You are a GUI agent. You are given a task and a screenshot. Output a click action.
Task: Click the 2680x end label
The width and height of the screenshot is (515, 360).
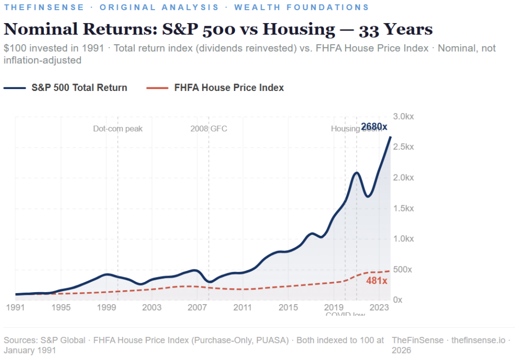pos(374,126)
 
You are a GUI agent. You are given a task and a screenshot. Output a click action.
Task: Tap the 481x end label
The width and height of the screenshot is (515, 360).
pos(377,281)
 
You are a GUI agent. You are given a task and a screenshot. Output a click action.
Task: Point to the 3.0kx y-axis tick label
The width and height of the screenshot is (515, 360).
pos(403,116)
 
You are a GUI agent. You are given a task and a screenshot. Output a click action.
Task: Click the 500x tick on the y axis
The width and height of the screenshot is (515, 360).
pos(402,269)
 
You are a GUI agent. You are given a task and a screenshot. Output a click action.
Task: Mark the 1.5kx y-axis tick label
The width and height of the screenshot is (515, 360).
pos(403,208)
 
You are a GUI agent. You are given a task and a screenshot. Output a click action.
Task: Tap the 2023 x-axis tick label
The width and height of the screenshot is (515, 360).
pos(379,307)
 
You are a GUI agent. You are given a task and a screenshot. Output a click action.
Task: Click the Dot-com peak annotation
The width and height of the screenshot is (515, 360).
pos(118,129)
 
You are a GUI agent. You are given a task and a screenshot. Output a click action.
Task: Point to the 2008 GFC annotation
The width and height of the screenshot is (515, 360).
pos(208,129)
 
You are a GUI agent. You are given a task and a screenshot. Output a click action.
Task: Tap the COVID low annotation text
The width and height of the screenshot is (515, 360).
pos(345,315)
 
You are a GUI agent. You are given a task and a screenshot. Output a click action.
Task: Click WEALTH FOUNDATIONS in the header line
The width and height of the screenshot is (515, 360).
pos(301,8)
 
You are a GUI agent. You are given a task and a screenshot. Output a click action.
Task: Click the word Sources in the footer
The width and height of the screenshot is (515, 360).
pos(20,340)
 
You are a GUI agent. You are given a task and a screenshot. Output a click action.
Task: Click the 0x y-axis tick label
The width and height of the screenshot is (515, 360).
pos(397,300)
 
